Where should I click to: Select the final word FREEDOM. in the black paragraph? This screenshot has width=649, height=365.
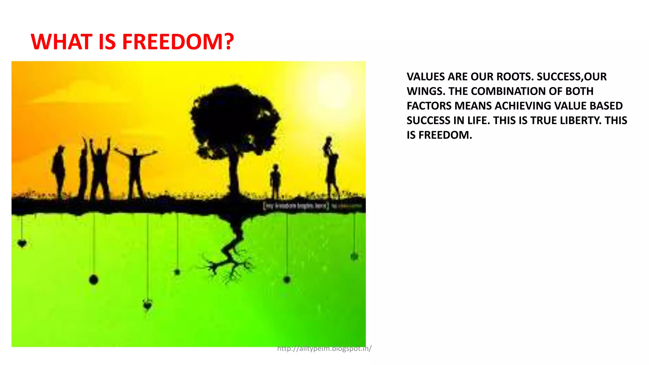point(445,135)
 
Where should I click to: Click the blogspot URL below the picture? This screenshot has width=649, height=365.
point(324,349)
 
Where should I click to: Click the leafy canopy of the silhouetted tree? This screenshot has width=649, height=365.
point(235,117)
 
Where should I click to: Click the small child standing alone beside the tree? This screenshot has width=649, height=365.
point(275,181)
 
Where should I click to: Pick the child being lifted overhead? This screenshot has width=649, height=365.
point(328,146)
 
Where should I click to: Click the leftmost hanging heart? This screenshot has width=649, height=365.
point(22,243)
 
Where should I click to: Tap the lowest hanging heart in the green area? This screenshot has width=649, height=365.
point(147,305)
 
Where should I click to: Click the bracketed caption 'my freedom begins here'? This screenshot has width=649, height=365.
point(296,206)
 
